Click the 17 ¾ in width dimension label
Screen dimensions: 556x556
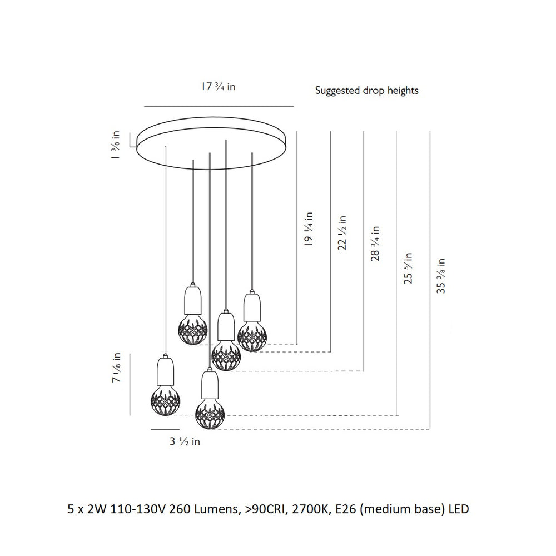coord(219,87)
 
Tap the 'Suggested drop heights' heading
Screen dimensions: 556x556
coord(366,91)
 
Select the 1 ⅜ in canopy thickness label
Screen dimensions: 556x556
coord(116,145)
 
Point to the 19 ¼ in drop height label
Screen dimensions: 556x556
coord(309,229)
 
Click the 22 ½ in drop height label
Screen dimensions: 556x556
coord(342,233)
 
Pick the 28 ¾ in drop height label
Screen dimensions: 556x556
coord(375,244)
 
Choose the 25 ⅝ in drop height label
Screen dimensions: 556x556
coord(408,268)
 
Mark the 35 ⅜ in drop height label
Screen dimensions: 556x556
coord(441,276)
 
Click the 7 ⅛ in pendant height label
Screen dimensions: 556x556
coord(116,368)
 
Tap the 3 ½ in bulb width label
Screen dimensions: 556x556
coord(185,441)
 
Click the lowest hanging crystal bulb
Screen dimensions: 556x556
coord(210,414)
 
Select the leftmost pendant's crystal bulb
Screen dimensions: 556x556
coord(165,401)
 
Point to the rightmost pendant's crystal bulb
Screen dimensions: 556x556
coord(252,336)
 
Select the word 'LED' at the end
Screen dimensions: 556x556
coord(459,509)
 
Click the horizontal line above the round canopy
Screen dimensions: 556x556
coord(219,106)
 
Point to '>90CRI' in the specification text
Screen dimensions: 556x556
coord(268,509)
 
